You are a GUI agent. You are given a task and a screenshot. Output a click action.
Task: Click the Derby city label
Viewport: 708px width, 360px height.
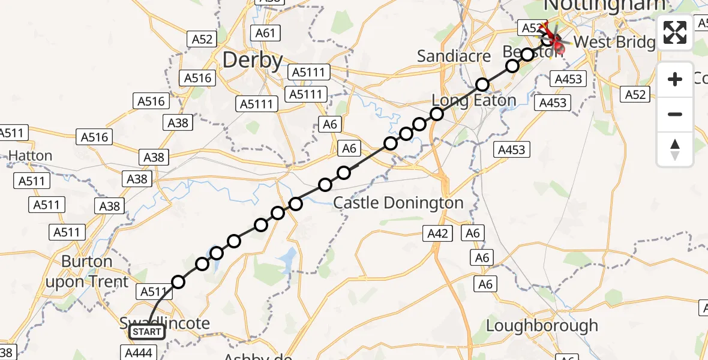point(253,61)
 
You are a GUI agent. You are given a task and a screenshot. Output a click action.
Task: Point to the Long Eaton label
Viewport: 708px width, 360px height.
point(474,100)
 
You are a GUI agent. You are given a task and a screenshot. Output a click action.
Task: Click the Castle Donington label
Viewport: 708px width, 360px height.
point(398,203)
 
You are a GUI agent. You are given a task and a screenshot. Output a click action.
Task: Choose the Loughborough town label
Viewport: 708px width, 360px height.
point(542,326)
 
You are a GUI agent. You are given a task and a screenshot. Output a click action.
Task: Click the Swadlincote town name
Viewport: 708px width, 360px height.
point(165,323)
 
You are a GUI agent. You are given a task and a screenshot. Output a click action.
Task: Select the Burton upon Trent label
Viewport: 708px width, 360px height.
point(95,272)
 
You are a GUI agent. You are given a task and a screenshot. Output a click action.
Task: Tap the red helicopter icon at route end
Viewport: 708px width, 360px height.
point(551,37)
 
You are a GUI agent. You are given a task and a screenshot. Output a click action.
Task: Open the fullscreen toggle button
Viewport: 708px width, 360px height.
point(675,32)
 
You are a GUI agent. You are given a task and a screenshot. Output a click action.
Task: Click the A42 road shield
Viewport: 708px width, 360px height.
point(438,233)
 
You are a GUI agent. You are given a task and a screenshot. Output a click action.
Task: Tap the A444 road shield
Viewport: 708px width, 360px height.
point(139,352)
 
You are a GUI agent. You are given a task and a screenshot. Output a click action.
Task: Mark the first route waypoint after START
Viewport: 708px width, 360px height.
point(178,282)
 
